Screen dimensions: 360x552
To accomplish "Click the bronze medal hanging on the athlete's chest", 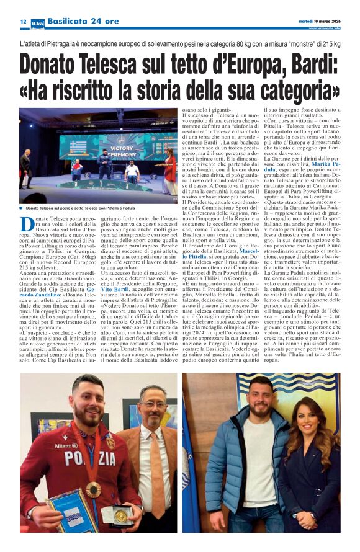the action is [x=94, y=489].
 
